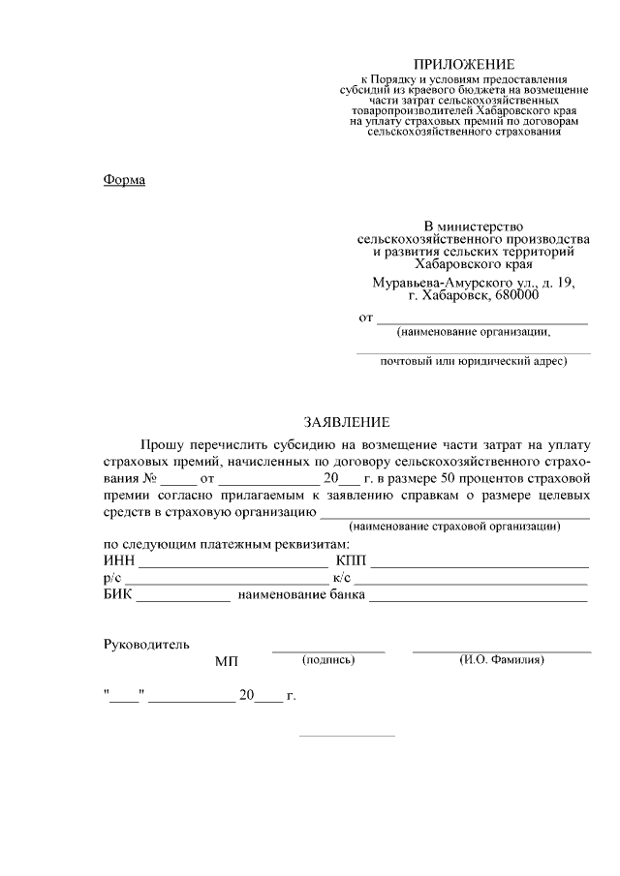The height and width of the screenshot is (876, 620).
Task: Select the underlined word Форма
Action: tap(124, 179)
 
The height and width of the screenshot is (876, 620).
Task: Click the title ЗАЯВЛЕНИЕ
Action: tap(347, 422)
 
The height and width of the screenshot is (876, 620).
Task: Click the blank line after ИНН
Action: tap(233, 564)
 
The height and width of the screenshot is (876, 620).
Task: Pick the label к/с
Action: tap(341, 578)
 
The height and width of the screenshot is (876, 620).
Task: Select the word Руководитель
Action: tap(146, 644)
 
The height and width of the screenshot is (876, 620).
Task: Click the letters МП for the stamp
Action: tap(226, 662)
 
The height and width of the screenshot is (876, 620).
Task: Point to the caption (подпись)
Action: tap(329, 660)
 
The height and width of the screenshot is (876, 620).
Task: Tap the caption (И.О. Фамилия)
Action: tap(501, 660)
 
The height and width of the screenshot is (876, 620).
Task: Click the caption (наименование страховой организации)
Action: tap(455, 527)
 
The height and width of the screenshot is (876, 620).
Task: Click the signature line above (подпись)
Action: tap(328, 650)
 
